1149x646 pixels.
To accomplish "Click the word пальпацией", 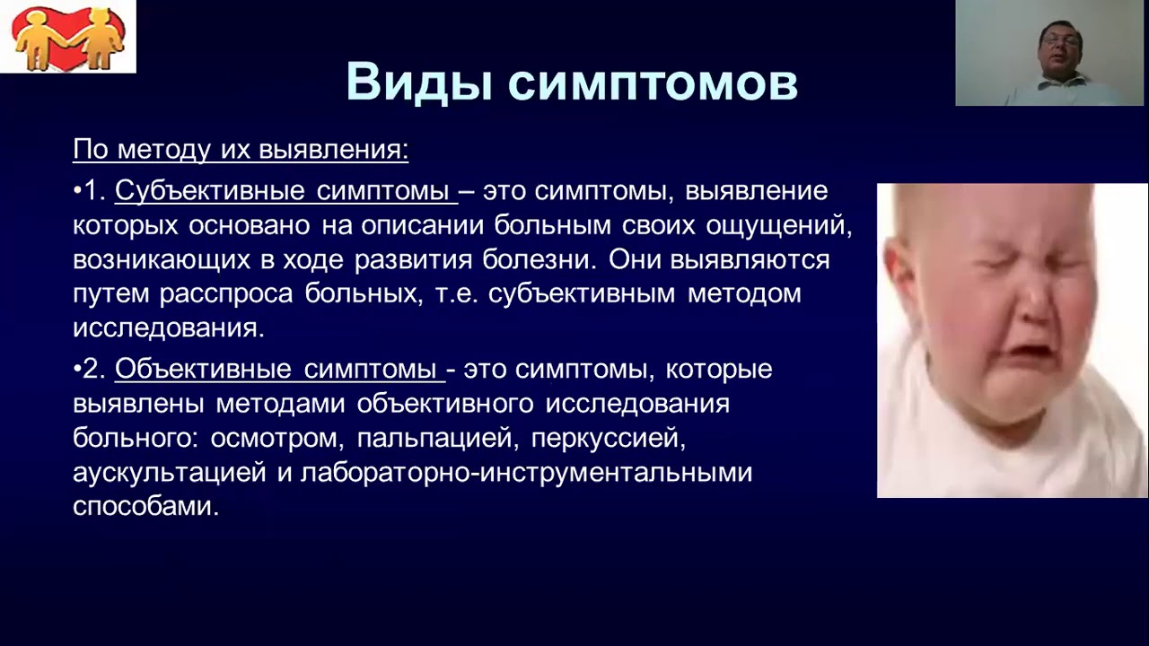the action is (434, 439).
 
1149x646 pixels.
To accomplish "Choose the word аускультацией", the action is (170, 473).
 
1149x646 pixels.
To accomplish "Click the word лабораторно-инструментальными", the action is (526, 473).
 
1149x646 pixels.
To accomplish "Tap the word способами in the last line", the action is (146, 507).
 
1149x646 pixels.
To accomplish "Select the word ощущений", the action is (778, 226).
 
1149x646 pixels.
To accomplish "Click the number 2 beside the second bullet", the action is (94, 369).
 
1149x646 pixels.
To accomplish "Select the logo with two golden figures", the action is (67, 37).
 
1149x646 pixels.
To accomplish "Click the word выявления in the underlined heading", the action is (333, 150).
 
